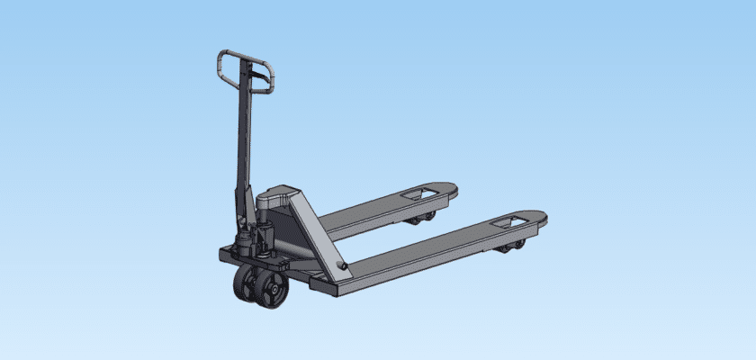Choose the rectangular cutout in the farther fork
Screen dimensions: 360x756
tap(422, 193)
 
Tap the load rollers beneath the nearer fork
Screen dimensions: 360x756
tap(514, 245)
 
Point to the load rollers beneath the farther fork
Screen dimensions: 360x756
tap(422, 217)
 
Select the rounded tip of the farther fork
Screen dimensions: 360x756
tap(450, 190)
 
